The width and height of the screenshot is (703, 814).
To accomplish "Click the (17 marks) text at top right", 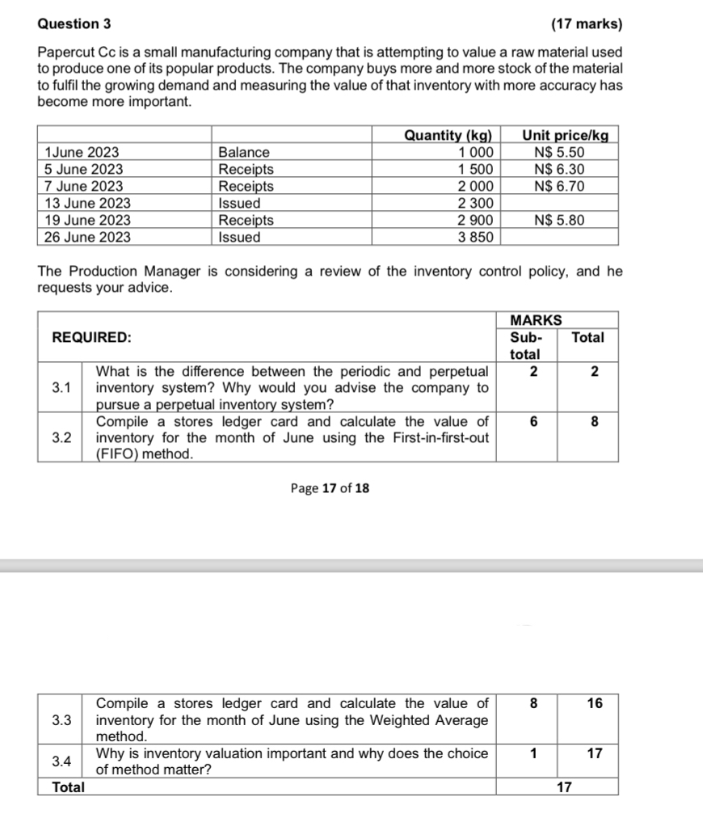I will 586,24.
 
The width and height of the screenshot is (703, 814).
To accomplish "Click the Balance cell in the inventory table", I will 244,152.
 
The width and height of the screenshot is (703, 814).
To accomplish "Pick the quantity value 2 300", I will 475,203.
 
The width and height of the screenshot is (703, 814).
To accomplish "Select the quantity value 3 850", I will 475,237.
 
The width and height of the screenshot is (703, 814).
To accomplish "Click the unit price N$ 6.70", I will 559,186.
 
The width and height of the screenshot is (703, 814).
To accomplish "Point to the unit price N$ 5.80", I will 559,220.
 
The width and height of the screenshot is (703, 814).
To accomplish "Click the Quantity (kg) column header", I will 449,135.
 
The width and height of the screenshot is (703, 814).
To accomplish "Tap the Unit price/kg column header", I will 565,135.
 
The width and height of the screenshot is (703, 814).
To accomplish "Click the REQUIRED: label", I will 92,337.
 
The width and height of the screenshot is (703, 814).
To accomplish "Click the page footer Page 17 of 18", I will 330,488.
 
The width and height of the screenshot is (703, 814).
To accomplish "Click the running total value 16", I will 594,703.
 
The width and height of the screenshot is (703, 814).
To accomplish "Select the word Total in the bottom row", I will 69,787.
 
